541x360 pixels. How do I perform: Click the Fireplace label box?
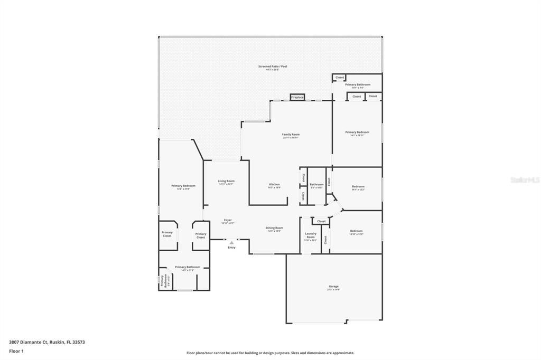(297, 97)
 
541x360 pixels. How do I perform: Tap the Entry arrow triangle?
(231, 243)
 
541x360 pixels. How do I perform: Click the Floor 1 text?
(15, 351)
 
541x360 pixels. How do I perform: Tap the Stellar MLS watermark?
(525, 180)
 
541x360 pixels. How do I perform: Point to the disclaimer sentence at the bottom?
(270, 353)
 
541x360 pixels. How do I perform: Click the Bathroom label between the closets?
(316, 185)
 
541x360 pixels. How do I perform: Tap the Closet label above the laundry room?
(321, 221)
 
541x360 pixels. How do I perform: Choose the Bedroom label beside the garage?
(356, 232)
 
